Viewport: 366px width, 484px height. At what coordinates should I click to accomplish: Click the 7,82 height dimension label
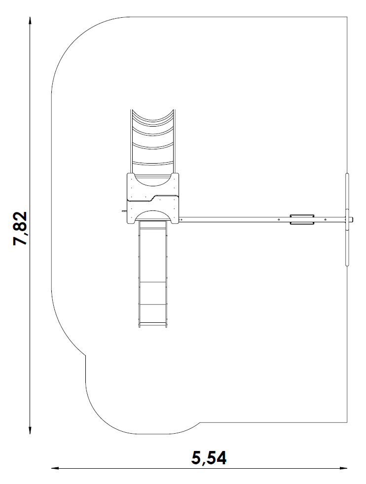[20, 228]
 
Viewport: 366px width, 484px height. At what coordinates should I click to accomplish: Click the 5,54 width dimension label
[209, 458]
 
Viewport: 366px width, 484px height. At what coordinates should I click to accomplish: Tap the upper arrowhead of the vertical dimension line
[30, 20]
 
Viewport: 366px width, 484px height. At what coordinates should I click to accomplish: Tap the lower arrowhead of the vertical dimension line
[30, 431]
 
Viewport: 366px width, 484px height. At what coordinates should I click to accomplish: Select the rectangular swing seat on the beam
[302, 219]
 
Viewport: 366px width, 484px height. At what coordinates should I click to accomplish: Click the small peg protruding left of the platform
[124, 211]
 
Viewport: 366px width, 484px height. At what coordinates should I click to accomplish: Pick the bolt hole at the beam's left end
[182, 219]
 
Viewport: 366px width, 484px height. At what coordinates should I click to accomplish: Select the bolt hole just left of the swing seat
[279, 219]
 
